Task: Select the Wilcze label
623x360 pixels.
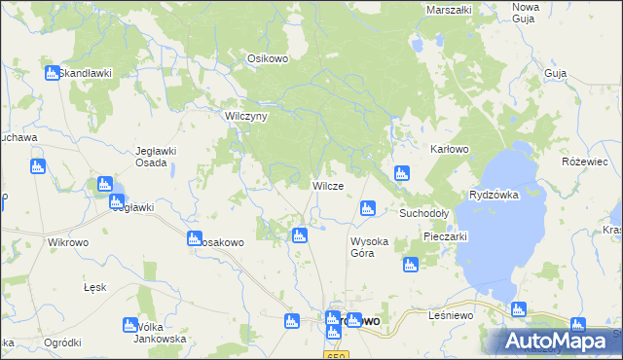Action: coord(326,186)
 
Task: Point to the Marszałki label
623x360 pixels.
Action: coord(449,10)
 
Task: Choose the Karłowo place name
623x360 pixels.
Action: coord(450,150)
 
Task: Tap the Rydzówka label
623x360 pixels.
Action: coord(494,195)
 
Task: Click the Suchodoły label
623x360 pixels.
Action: coord(423,212)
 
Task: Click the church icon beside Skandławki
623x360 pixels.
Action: coord(51,73)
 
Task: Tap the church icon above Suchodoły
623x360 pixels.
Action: coord(401,173)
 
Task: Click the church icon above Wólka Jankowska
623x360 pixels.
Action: coord(130,325)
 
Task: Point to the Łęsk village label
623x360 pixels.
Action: coord(94,288)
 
